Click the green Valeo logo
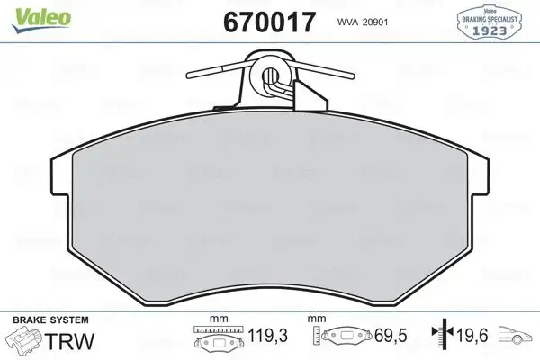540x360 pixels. pyautogui.click(x=28, y=13)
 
